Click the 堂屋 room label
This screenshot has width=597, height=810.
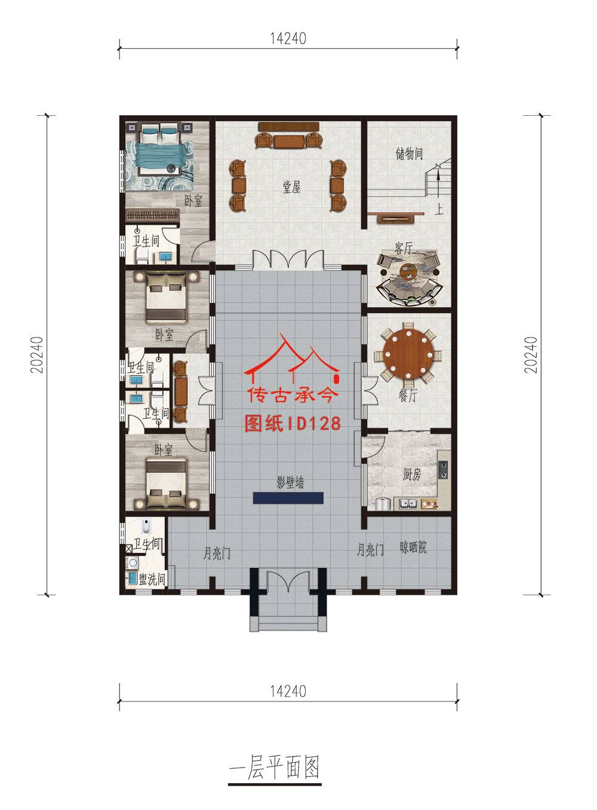(x=291, y=187)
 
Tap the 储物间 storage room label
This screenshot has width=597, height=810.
(x=409, y=154)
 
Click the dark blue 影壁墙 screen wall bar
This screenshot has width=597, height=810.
(x=288, y=498)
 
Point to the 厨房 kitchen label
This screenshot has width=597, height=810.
(x=412, y=474)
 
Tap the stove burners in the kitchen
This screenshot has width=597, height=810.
(x=443, y=470)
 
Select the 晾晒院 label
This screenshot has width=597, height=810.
(x=413, y=547)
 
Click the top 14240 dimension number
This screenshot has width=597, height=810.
(x=288, y=39)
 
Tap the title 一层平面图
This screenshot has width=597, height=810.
(x=275, y=766)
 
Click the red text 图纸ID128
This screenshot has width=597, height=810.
(x=293, y=423)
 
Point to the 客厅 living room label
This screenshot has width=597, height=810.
(x=404, y=248)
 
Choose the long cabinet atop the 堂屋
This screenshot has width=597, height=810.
(x=289, y=126)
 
